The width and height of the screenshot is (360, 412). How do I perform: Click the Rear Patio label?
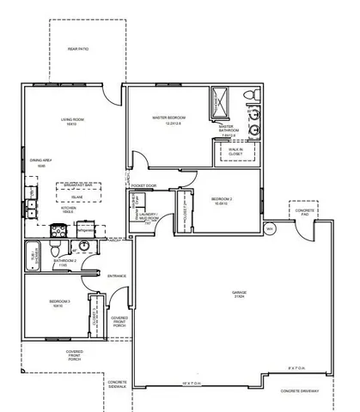pos(78,49)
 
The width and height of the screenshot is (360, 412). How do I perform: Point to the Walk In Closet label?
pos(235,151)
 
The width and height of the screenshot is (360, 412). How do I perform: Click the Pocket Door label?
pos(143,185)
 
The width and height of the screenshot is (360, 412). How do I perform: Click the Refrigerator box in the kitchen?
pos(109,231)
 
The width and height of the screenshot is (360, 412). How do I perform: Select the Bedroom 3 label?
pos(58,302)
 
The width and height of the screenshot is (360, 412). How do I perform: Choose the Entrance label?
pos(117,276)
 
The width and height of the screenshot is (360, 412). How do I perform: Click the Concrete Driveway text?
pos(300,391)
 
